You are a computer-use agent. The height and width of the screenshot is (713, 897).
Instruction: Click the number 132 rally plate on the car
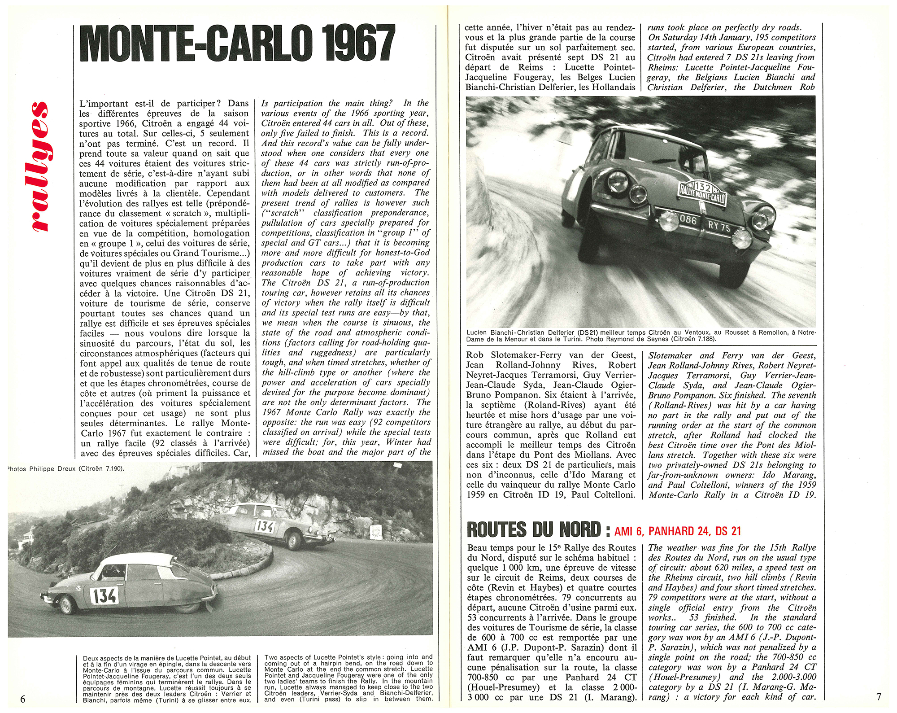pos(702,193)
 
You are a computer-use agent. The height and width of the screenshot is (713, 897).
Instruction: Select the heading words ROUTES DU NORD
pos(533,530)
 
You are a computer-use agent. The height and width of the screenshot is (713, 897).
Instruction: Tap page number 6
pos(23,698)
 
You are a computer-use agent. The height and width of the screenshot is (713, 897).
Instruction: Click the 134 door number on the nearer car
pos(105,595)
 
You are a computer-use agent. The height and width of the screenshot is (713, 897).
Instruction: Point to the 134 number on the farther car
pos(265,526)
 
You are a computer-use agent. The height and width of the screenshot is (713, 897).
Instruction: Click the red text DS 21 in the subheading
pos(728,531)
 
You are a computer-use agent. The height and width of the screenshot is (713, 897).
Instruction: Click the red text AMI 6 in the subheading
pos(629,531)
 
